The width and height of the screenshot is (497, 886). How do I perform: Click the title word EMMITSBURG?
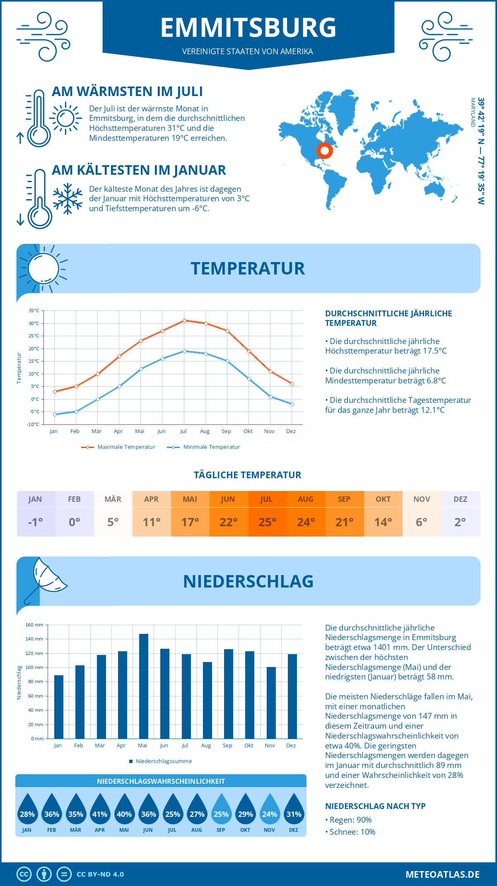pos(248,28)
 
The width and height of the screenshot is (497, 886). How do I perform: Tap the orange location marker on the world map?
pos(325,151)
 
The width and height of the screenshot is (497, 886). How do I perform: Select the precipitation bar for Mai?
pos(143,686)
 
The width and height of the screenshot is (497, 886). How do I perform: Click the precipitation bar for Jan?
pos(59,707)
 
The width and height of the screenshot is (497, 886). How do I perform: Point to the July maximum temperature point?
pos(184,320)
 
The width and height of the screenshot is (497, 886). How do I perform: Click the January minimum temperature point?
pos(55,414)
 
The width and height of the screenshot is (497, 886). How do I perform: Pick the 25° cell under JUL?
pos(267,522)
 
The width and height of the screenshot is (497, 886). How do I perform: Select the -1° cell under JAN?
pos(36,522)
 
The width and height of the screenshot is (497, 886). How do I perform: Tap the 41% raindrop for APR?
pos(100,810)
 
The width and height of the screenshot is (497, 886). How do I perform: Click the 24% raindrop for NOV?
pos(270,810)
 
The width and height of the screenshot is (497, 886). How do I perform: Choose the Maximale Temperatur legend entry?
pos(118,447)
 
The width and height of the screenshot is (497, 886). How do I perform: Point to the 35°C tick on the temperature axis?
pos(34,311)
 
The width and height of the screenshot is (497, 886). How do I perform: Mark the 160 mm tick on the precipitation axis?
pos(34,625)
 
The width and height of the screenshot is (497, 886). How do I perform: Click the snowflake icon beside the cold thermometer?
pos(68,198)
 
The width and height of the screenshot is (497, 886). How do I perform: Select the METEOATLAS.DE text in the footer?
pos(442,874)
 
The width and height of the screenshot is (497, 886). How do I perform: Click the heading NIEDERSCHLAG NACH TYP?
pos(375,806)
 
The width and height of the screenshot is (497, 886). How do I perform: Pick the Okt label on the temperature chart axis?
pos(248,431)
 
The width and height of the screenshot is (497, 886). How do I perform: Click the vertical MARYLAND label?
pos(473,112)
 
